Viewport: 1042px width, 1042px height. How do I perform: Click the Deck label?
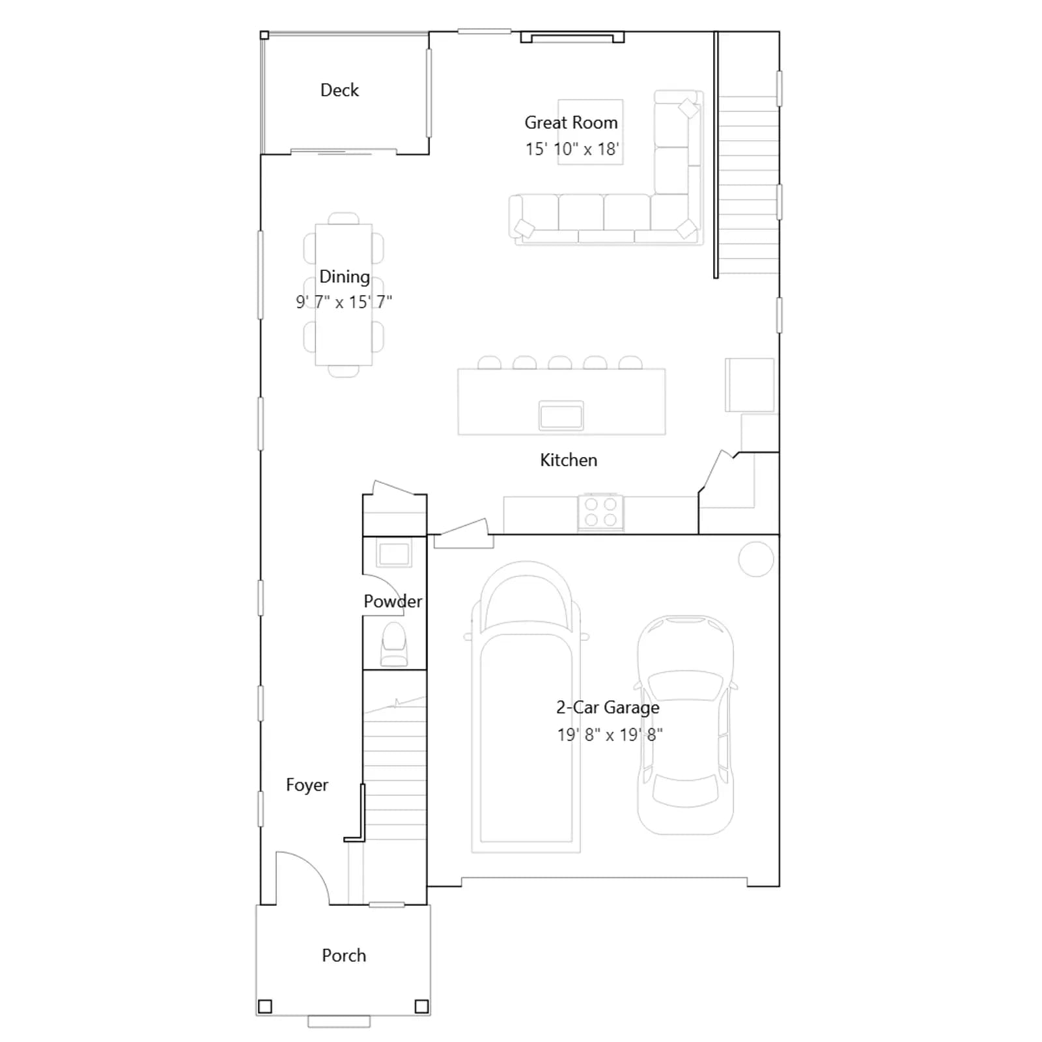[x=339, y=90]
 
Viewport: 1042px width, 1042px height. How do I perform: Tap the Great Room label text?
[x=571, y=122]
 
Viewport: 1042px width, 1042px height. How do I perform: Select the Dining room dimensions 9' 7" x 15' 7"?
[x=344, y=302]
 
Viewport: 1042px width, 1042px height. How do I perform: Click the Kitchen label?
[x=569, y=460]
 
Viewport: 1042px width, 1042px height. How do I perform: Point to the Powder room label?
[x=393, y=601]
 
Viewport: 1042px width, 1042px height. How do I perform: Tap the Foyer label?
[x=307, y=785]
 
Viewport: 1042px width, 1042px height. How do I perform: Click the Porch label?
[x=344, y=955]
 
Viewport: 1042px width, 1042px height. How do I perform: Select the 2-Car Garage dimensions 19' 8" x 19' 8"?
[x=610, y=735]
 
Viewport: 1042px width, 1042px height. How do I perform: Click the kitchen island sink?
[x=561, y=415]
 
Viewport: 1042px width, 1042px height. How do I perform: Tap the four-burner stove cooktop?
[x=600, y=512]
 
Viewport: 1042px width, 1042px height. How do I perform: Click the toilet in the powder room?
[x=393, y=645]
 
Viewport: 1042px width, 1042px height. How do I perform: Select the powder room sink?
[x=395, y=554]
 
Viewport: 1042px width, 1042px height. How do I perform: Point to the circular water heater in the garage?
[x=756, y=559]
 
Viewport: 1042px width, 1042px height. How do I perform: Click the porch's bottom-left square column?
[x=265, y=1006]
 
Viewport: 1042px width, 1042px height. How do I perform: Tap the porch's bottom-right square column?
[x=421, y=1006]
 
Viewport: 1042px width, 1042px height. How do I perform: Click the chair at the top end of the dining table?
[x=344, y=218]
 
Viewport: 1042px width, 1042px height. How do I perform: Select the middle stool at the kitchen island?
[x=560, y=363]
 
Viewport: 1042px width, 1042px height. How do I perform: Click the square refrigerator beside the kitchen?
[x=750, y=385]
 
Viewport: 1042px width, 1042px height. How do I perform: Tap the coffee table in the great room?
[x=591, y=132]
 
